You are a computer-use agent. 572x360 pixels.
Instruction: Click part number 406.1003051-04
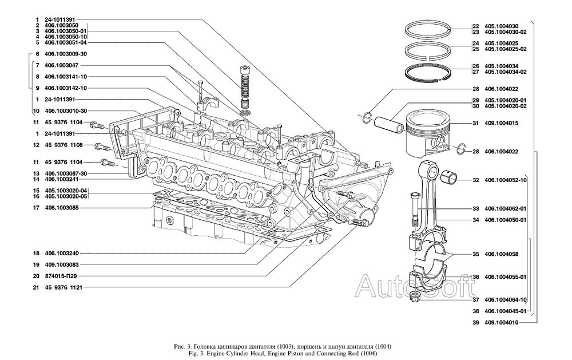coord(65,43)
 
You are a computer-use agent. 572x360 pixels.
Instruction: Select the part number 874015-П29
coord(59,276)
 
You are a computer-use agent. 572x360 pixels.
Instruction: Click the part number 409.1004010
coord(502,323)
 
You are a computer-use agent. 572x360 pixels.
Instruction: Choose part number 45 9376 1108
coord(63,145)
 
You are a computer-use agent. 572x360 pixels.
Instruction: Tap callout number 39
coord(475,323)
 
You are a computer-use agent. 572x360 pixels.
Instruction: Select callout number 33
coord(475,208)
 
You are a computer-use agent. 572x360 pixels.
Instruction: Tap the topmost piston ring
coord(429,30)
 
